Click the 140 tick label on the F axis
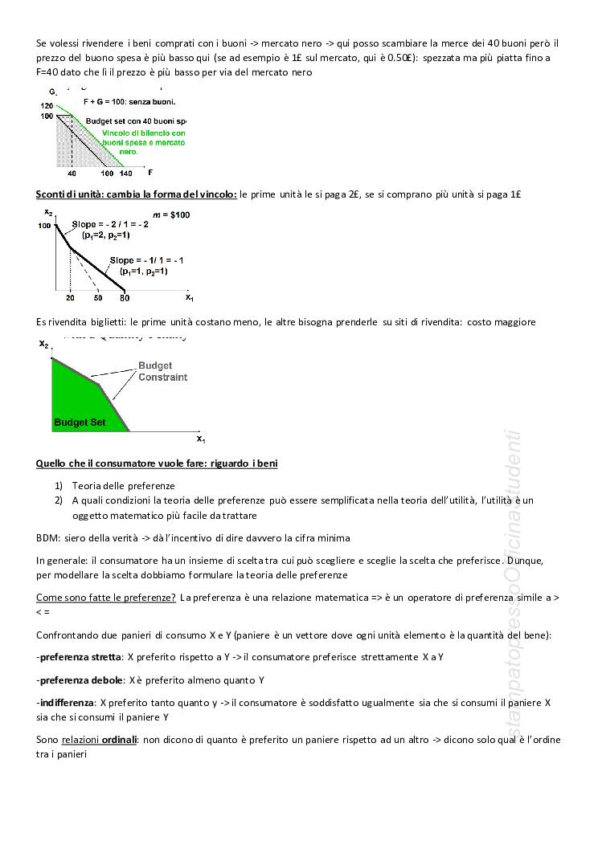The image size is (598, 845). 125,173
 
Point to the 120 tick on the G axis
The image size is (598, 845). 47,106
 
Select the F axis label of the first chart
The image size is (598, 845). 149,172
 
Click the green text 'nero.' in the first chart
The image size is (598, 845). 129,151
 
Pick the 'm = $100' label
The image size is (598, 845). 171,215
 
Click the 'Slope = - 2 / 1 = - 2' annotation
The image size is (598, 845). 110,225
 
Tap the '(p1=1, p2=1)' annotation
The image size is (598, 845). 144,271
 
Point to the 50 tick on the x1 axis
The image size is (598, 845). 97,298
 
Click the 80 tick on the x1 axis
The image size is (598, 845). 124,298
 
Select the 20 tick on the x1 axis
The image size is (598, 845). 70,298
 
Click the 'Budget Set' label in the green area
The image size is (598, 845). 80,422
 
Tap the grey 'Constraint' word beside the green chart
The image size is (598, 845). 162,377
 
